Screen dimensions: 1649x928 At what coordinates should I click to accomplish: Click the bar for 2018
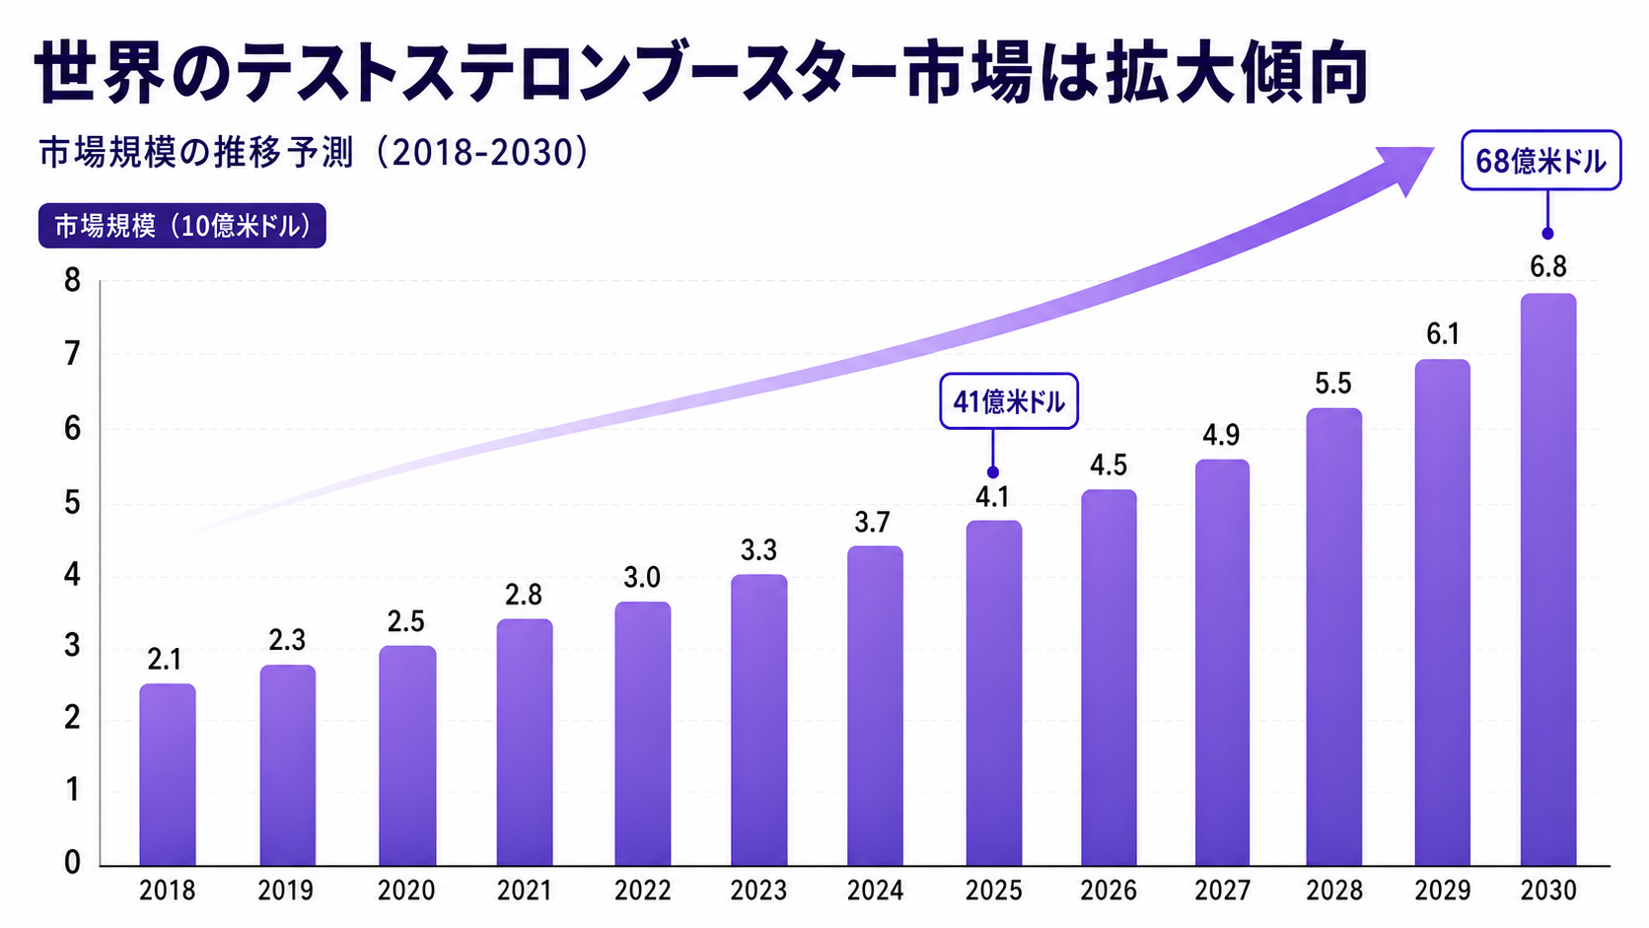tap(168, 774)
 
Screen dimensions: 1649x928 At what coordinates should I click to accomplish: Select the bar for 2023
tap(759, 720)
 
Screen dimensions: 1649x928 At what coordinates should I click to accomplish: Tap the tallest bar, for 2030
tap(1548, 579)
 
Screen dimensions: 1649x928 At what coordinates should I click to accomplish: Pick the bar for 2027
tap(1222, 663)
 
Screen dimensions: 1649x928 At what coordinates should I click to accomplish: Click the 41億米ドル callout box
tap(1009, 401)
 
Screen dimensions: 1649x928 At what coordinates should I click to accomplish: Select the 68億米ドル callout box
tap(1541, 161)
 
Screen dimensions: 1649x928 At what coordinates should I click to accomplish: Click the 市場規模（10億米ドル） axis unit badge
tap(181, 225)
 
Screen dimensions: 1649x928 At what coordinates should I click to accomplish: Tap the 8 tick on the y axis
tap(72, 281)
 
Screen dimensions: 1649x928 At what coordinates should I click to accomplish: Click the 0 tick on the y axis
tap(72, 862)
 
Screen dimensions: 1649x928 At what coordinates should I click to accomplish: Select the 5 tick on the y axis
tap(72, 504)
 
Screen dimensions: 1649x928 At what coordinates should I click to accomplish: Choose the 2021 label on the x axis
tap(524, 892)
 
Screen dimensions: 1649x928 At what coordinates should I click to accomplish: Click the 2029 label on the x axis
tap(1443, 892)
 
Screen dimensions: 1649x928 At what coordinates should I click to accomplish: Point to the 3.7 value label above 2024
tap(873, 523)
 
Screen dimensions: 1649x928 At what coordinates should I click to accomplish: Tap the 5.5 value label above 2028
tap(1333, 385)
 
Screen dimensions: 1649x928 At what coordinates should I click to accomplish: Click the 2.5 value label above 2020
tap(406, 622)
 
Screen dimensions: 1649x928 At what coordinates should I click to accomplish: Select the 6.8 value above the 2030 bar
tap(1548, 267)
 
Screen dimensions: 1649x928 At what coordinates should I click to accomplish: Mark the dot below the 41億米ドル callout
tap(993, 472)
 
